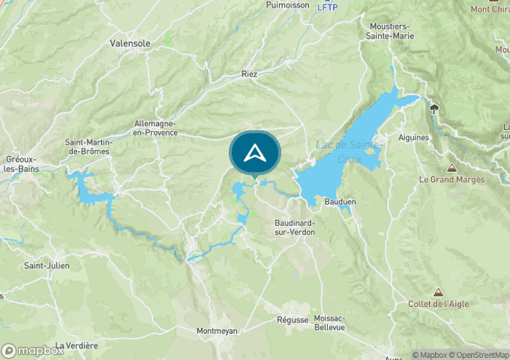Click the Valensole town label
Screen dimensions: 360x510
click(130, 44)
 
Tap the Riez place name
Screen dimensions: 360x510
click(250, 74)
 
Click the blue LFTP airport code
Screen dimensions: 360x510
click(328, 7)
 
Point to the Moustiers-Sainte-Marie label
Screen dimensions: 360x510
click(392, 31)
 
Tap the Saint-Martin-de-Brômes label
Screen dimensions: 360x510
click(87, 146)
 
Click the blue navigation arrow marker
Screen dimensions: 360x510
click(254, 153)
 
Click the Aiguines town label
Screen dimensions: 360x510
click(414, 137)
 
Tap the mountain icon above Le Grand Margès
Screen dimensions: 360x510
click(452, 168)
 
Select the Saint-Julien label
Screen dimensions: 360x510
click(47, 266)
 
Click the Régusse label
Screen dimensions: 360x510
click(293, 320)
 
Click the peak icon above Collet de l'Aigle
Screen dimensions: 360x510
click(437, 291)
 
